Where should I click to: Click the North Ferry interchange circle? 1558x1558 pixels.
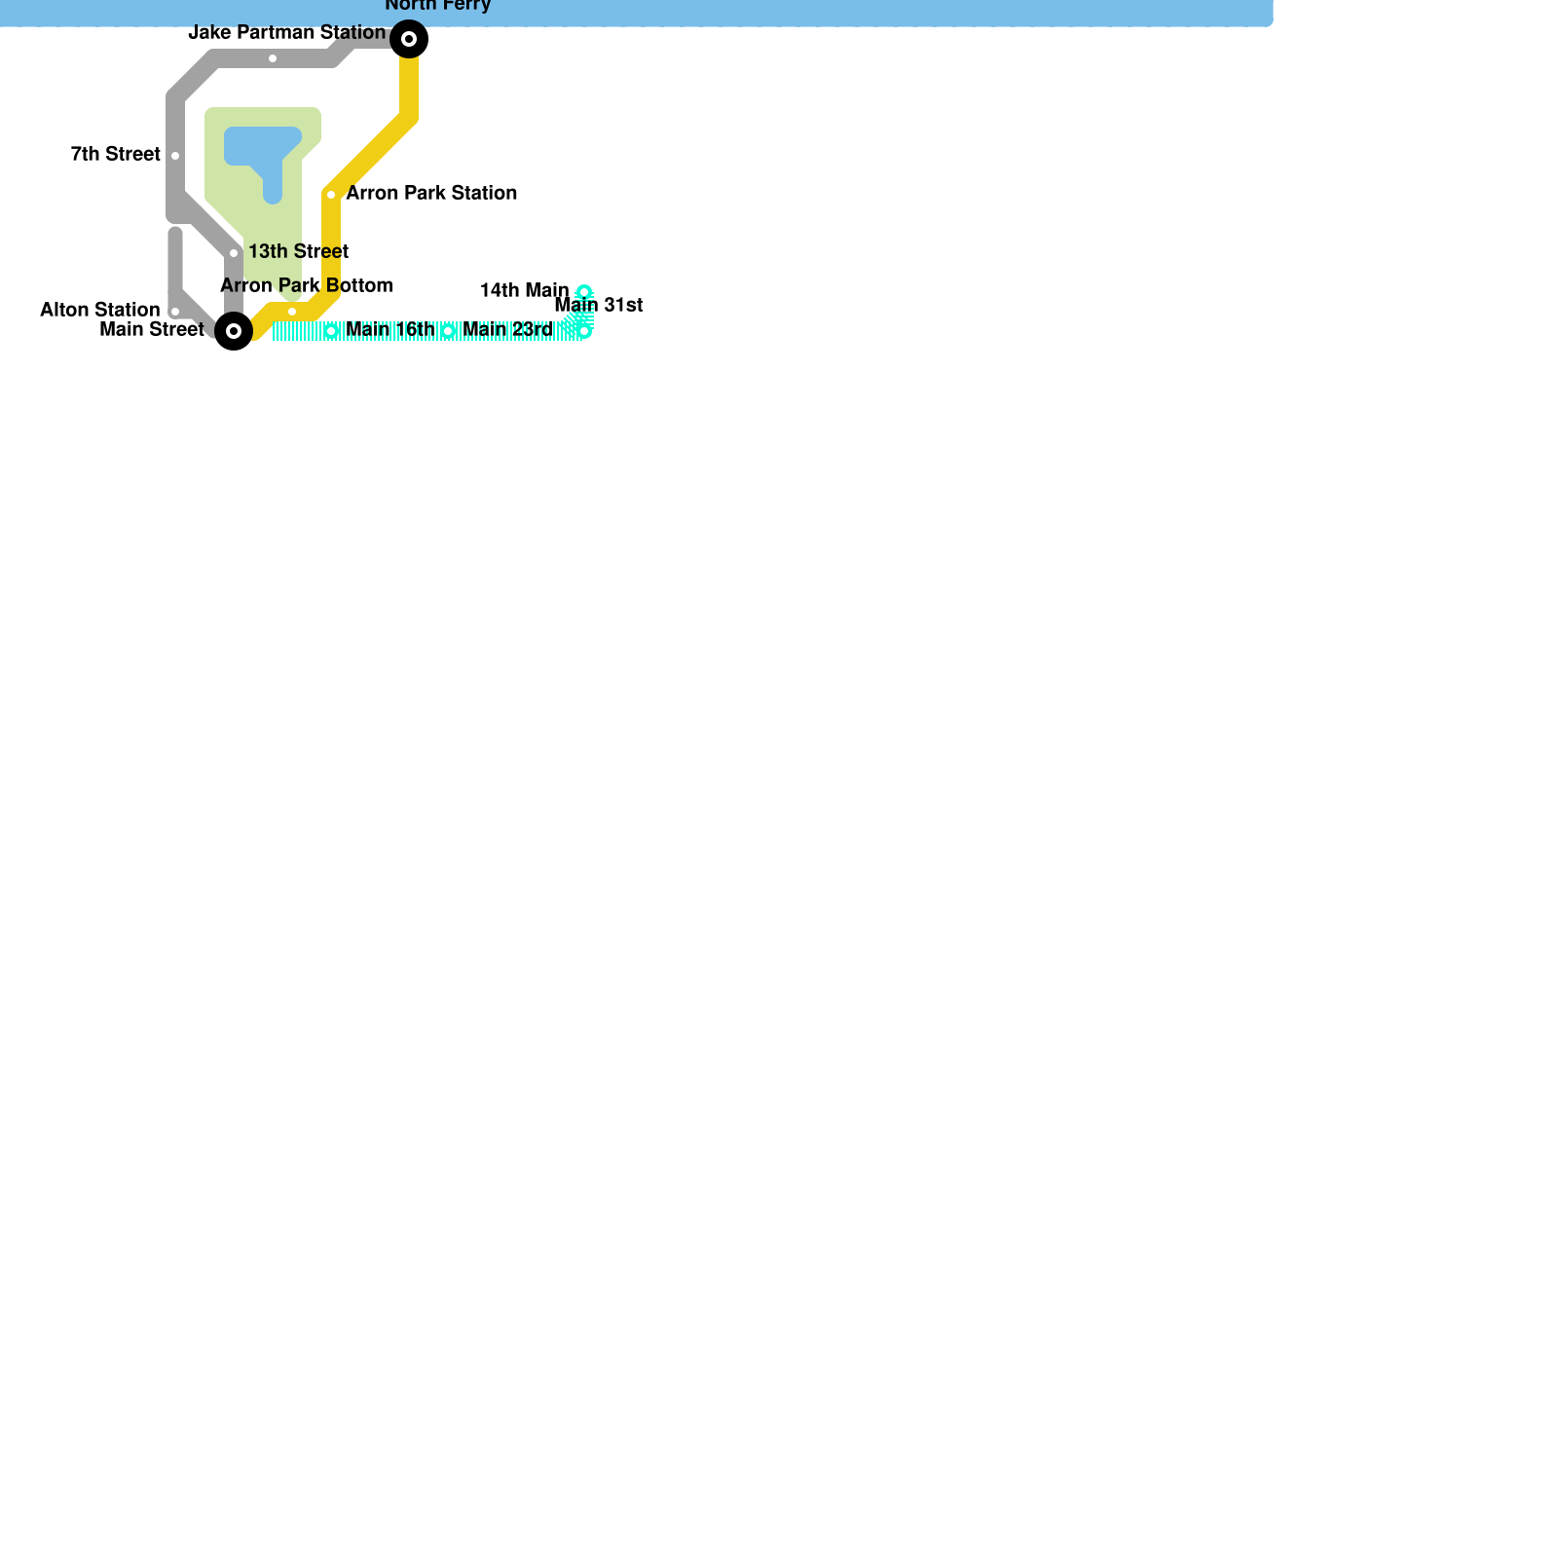tap(409, 39)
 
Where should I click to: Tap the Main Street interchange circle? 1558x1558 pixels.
tap(234, 331)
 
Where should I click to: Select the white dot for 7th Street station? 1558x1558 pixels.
tap(175, 156)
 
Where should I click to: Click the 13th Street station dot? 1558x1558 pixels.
tap(234, 253)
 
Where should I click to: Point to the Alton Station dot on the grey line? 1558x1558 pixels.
tap(175, 312)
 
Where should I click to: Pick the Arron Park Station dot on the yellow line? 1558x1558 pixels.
tap(331, 195)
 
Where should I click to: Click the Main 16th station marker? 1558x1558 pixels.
tap(331, 331)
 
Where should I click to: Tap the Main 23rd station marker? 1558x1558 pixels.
tap(448, 331)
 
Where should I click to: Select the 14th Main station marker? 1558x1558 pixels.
tap(584, 292)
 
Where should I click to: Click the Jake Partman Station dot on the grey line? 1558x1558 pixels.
tap(273, 58)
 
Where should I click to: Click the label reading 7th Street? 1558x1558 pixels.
tap(116, 154)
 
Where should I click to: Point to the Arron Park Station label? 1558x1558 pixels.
tap(431, 193)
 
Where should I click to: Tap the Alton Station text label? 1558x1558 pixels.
tap(99, 310)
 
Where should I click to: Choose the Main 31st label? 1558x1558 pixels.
tap(599, 305)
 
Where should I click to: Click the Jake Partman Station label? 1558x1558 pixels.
tap(286, 32)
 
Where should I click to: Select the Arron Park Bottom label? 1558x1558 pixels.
tap(307, 285)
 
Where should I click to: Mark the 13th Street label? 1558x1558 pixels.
tap(298, 251)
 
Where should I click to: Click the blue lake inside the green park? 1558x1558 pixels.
tap(261, 146)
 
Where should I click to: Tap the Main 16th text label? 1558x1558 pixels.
tap(390, 329)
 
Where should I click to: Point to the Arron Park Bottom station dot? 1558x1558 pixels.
tap(292, 312)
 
